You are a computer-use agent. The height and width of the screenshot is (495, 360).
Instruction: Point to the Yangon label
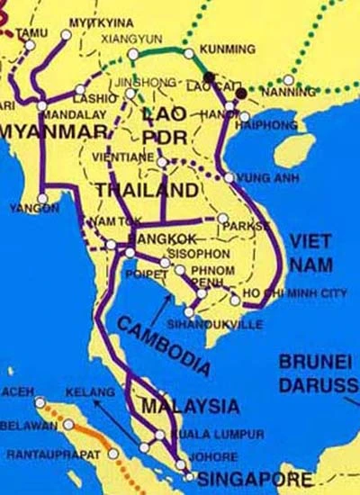[33, 209]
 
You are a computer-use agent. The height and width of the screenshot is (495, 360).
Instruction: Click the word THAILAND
[146, 190]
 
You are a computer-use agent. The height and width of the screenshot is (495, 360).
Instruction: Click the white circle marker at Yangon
[43, 199]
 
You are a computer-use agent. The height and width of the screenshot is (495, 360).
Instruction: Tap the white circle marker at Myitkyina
[67, 35]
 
